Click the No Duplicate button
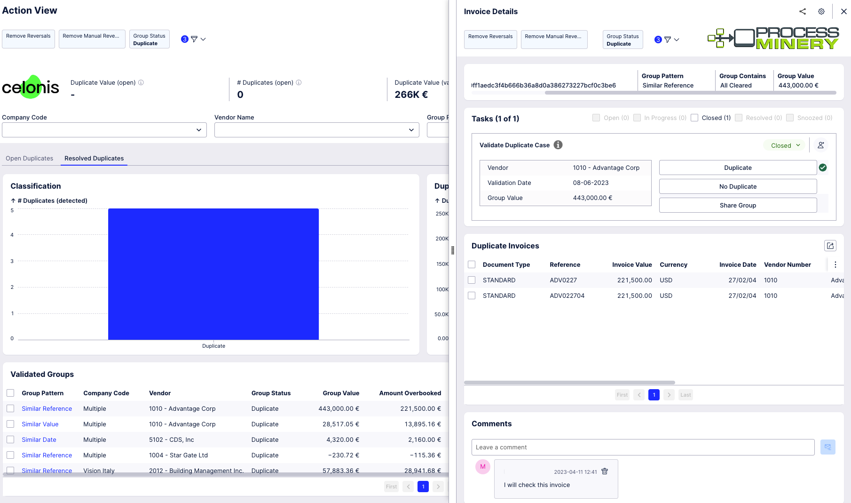click(x=738, y=186)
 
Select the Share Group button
click(x=738, y=205)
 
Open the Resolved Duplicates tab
click(x=94, y=159)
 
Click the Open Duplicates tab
click(x=29, y=159)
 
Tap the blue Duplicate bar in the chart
click(x=213, y=274)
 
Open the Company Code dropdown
click(x=104, y=130)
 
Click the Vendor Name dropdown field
click(x=317, y=130)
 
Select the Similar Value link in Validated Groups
click(x=40, y=424)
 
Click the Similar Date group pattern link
click(x=39, y=439)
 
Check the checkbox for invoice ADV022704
click(x=472, y=295)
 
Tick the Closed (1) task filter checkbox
click(x=694, y=118)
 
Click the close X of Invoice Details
click(x=844, y=12)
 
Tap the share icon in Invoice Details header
click(x=803, y=12)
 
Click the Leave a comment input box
click(x=643, y=447)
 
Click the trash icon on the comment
click(x=605, y=471)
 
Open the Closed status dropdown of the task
click(x=785, y=145)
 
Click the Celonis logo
click(x=31, y=87)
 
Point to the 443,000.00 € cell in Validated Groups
click(x=339, y=408)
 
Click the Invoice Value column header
click(x=632, y=264)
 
